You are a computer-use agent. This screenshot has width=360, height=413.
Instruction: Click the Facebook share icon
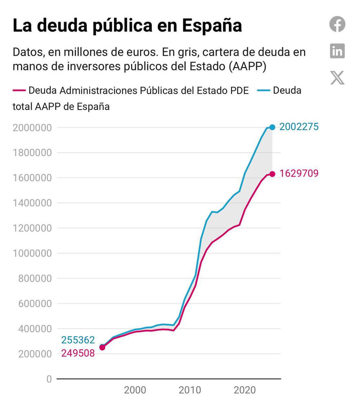(x=337, y=24)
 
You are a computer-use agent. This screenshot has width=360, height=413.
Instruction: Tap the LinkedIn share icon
(x=337, y=51)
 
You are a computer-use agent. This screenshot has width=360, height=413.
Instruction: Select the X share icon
(x=337, y=78)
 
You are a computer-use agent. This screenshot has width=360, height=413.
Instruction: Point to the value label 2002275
(x=299, y=127)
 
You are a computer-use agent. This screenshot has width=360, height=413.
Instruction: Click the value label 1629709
(x=299, y=174)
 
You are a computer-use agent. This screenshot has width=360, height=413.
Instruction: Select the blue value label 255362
(x=78, y=340)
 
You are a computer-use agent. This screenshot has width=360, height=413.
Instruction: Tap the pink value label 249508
(x=78, y=353)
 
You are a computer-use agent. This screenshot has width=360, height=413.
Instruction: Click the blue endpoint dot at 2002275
(x=272, y=127)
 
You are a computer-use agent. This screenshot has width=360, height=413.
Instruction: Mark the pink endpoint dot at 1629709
(x=272, y=174)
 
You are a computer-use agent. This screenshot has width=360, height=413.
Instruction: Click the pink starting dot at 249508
(x=102, y=348)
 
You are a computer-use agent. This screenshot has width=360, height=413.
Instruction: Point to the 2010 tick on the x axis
(x=190, y=390)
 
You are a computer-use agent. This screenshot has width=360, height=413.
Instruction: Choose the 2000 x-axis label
(x=135, y=390)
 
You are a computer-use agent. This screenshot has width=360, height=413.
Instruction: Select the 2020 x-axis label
(x=244, y=390)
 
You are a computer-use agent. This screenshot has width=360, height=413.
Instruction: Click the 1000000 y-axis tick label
(x=32, y=253)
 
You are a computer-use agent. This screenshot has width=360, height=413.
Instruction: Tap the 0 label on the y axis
(x=49, y=379)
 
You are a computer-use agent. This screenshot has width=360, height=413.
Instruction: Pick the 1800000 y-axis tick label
(x=32, y=153)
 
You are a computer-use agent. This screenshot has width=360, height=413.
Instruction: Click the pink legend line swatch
(x=19, y=91)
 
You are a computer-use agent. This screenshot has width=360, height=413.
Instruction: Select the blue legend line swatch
(x=263, y=91)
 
